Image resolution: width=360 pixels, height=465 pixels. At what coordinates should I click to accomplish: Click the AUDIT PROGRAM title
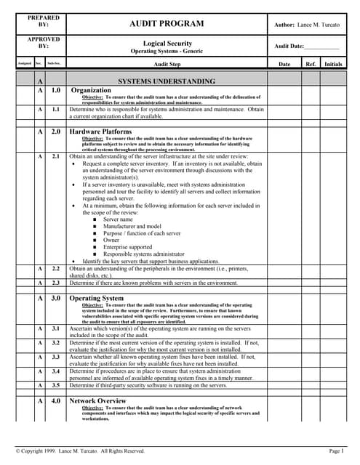point(166,24)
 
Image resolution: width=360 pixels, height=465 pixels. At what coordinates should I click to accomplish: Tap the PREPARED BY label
point(43,21)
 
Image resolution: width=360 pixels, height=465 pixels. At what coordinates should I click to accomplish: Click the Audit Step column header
point(167,64)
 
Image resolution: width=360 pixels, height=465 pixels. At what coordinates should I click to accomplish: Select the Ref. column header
point(311,64)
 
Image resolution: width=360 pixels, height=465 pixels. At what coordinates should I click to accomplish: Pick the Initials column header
point(333,64)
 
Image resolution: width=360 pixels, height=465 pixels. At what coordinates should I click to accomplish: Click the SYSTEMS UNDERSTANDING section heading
point(167,81)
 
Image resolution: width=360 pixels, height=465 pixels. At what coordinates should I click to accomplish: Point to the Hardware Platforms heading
point(100,132)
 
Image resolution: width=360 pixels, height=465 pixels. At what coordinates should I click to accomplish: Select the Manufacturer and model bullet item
point(132,227)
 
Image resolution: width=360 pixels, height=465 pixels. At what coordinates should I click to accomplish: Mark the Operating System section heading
point(97,298)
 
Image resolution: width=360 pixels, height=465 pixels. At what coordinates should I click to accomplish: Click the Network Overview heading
point(98,400)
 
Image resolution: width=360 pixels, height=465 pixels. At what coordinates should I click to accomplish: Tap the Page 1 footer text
point(335,451)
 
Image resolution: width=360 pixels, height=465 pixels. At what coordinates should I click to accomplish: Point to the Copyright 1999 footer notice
point(81,451)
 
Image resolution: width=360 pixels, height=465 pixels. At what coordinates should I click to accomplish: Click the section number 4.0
point(55,400)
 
